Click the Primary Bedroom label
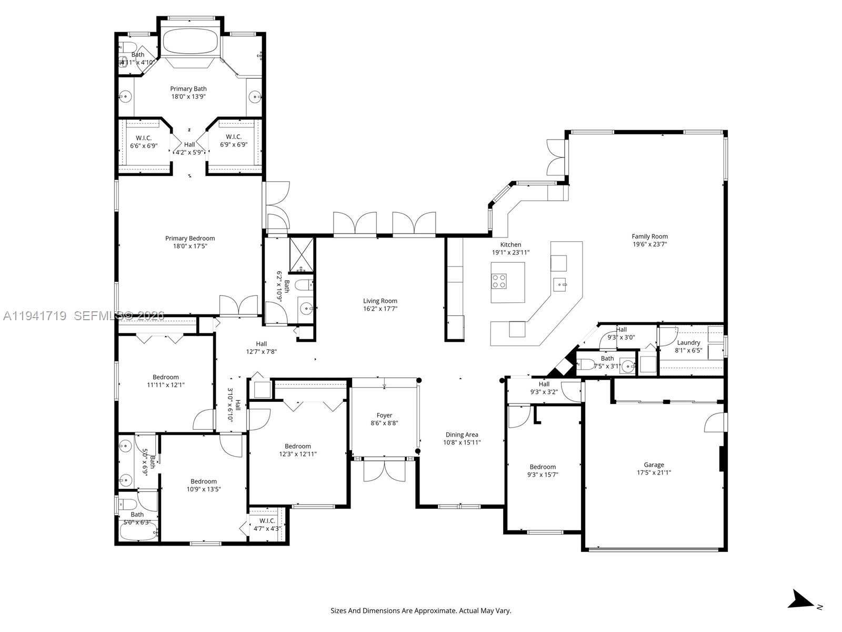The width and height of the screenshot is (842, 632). pos(190,239)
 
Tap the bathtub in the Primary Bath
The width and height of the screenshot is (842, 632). pos(190,41)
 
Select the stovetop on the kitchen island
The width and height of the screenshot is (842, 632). pos(499,281)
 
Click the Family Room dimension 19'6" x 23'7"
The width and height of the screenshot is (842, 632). pos(649,244)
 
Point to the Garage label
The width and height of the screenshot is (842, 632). pos(654,465)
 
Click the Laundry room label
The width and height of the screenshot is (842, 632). pos(688,342)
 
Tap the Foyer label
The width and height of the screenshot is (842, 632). pos(384,415)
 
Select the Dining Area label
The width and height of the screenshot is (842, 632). pos(462,434)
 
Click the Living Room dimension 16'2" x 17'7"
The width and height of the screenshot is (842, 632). pos(380,309)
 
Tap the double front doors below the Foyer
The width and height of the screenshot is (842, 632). pos(384,470)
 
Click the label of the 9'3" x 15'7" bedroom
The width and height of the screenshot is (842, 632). pos(543,467)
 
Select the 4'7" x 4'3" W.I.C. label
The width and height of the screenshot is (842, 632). pos(267,521)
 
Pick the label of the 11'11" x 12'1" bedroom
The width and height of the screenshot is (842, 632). pos(166,377)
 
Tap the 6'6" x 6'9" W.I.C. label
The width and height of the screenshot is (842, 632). pos(144,138)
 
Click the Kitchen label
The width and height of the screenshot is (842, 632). pos(510,244)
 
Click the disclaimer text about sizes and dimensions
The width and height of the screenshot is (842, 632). pos(420,611)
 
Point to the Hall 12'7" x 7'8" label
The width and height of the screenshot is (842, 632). pos(262,344)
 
